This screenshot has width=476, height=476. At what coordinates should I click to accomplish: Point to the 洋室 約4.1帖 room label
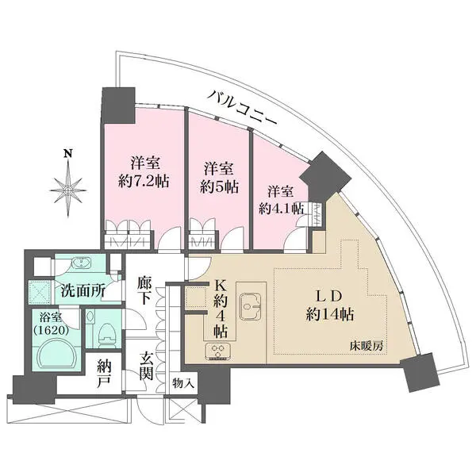click(x=281, y=199)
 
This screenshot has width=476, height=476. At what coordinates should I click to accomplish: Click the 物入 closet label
click(x=184, y=382)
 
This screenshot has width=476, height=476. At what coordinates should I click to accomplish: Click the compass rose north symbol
click(x=69, y=186)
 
